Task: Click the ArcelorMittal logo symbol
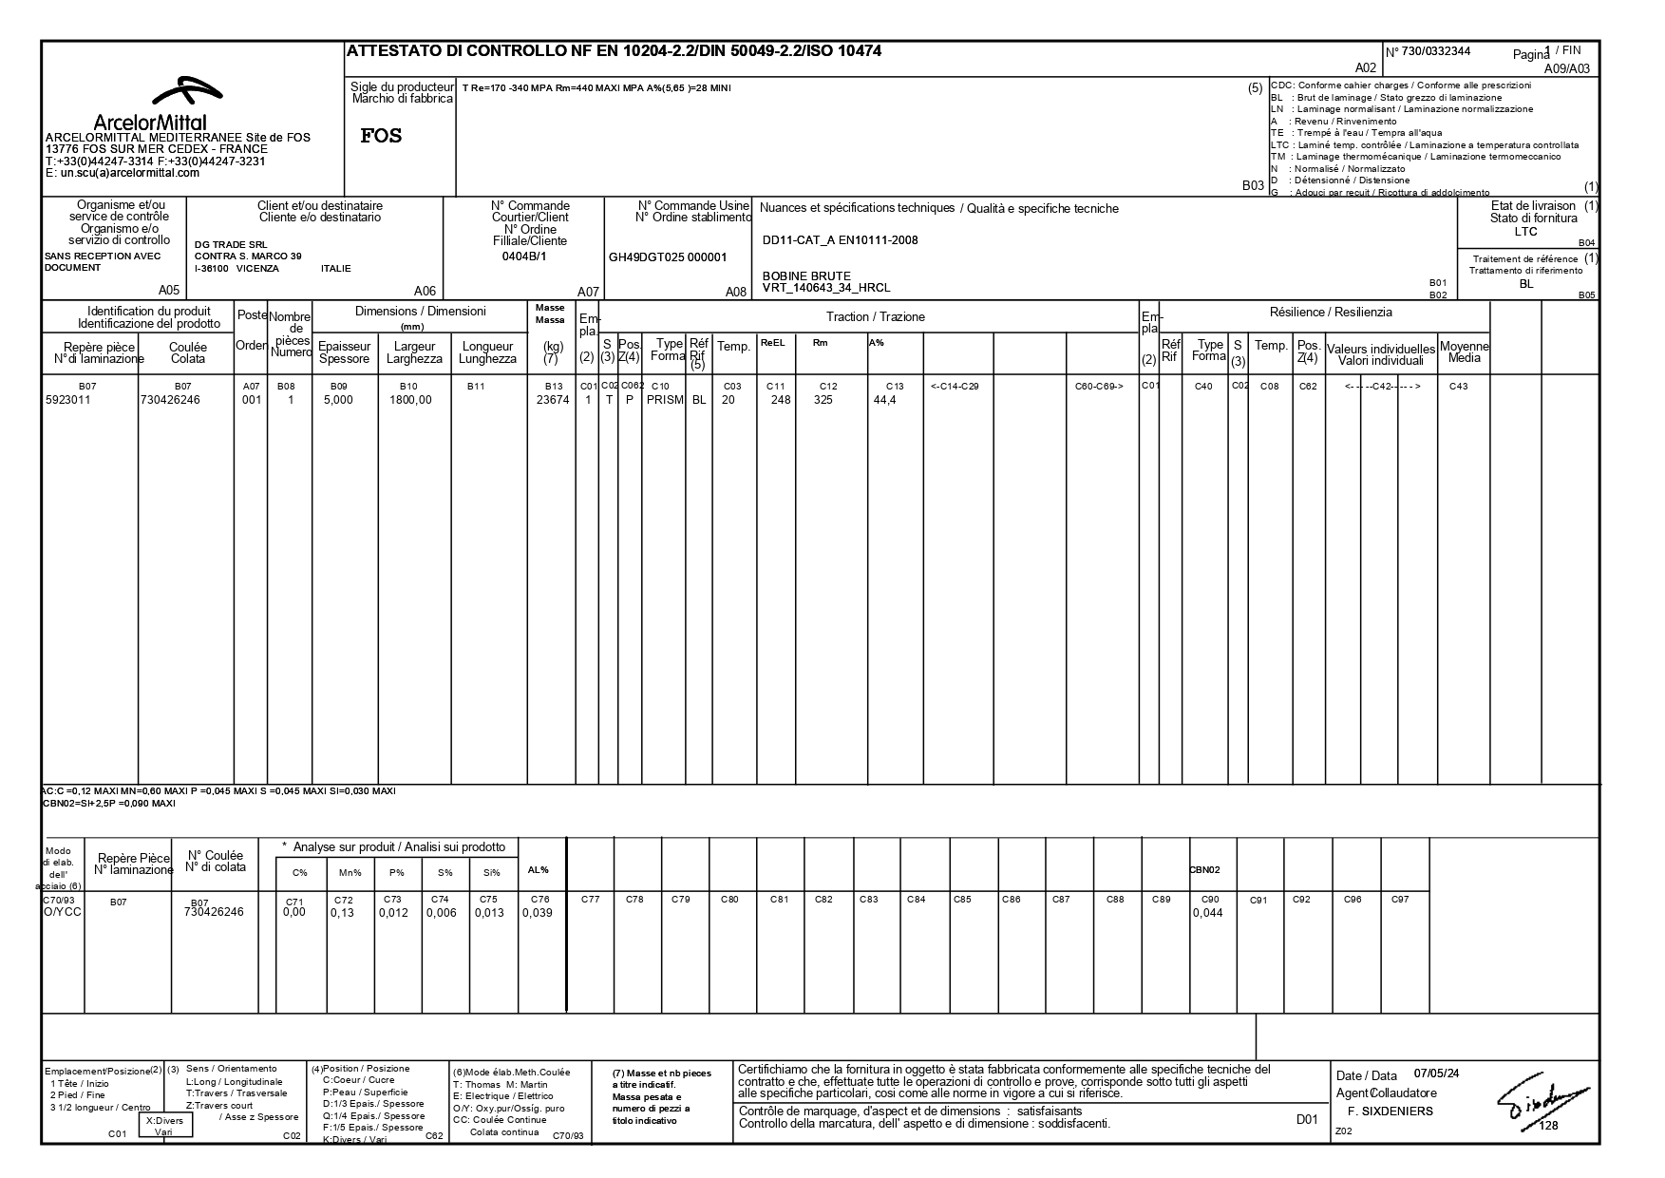(x=187, y=92)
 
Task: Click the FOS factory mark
(x=381, y=136)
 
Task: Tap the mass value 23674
(x=553, y=401)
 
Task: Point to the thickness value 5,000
(x=338, y=401)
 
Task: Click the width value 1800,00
(x=410, y=401)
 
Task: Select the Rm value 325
(x=823, y=401)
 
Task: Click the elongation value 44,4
(x=884, y=401)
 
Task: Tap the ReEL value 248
(x=780, y=401)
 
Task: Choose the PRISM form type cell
(x=665, y=401)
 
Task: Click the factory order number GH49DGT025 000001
(x=667, y=257)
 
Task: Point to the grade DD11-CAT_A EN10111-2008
(x=840, y=240)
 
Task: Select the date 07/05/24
(x=1436, y=1073)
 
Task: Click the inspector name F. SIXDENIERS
(x=1390, y=1111)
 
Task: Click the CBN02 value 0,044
(x=1207, y=914)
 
